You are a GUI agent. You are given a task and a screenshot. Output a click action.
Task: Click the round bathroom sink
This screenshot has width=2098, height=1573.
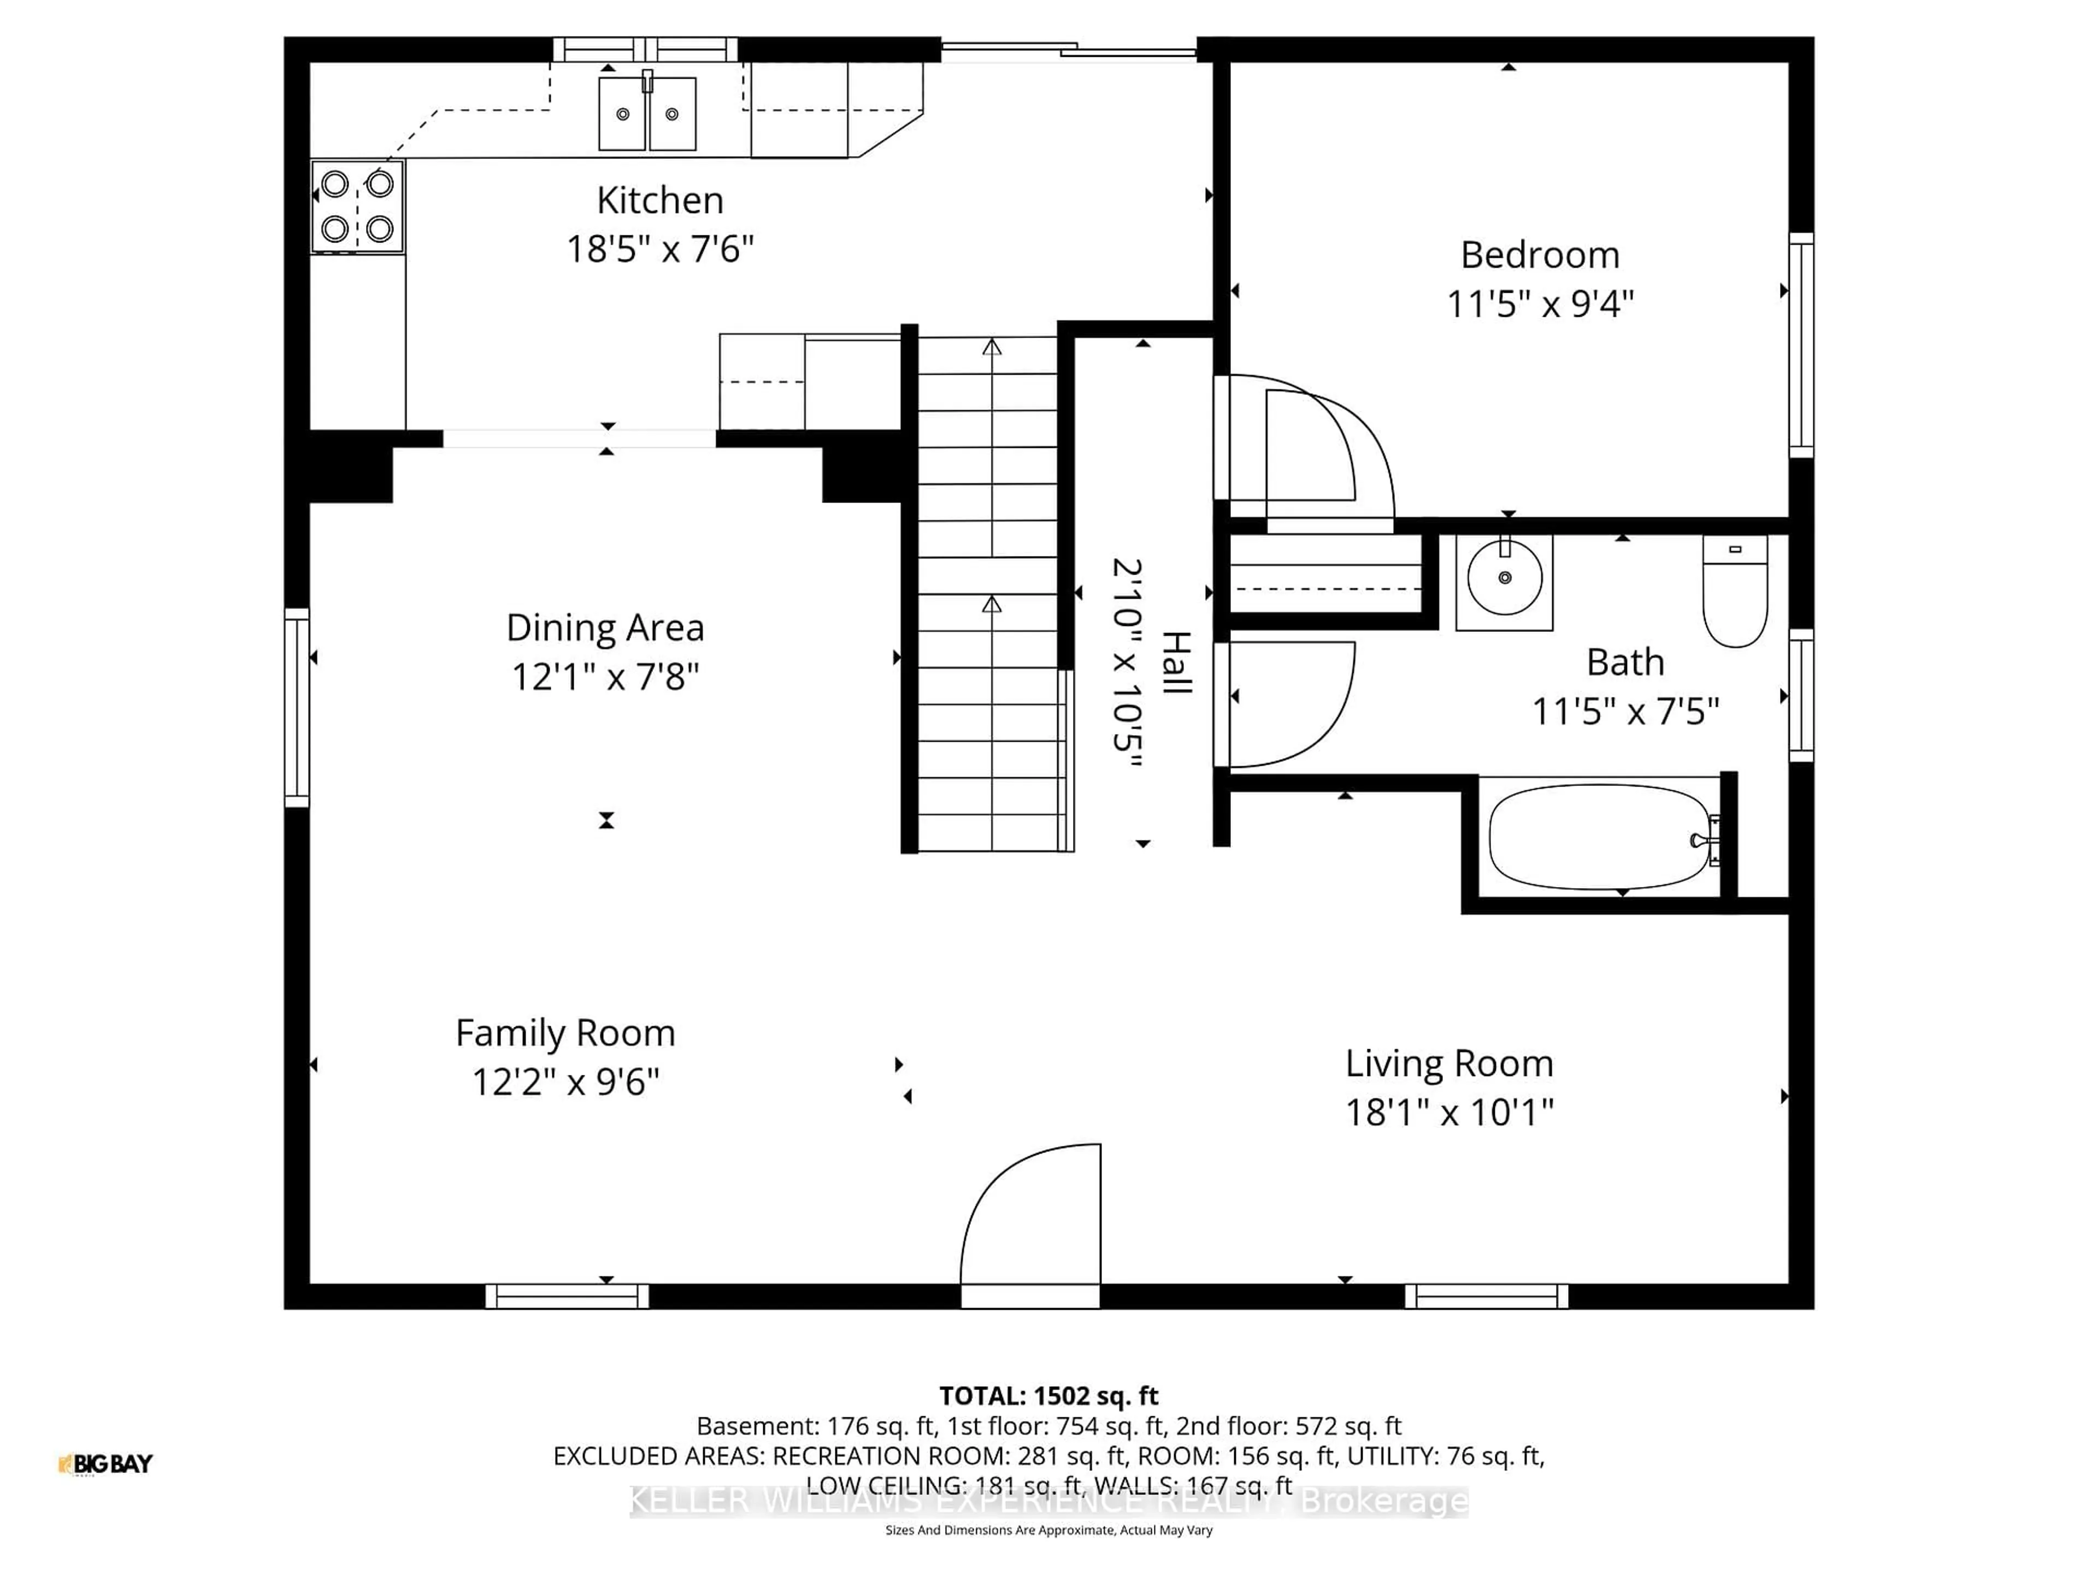[1504, 578]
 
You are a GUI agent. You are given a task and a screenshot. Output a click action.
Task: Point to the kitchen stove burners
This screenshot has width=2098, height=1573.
[357, 206]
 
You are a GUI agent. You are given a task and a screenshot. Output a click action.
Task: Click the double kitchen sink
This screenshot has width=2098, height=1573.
[647, 114]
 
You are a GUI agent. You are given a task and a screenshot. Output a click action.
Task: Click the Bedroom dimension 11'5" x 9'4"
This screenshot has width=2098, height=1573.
[1540, 304]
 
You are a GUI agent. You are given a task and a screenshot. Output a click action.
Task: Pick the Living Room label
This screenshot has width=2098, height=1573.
[1448, 1064]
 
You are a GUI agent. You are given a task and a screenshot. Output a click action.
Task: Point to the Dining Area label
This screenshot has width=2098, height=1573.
[605, 628]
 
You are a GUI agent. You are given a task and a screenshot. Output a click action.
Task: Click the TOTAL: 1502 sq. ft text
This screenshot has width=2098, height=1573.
[1048, 1395]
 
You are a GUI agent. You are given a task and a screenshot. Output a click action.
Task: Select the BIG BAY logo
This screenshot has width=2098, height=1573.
[105, 1464]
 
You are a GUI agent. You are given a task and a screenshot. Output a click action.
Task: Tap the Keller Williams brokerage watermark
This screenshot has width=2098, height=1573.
[1048, 1501]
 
